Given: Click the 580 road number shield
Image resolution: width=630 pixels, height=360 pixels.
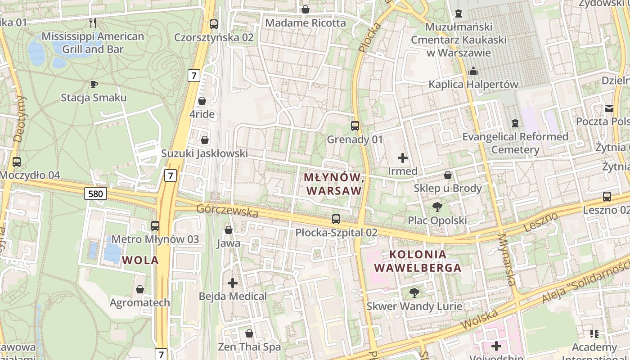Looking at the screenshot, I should point(95,194).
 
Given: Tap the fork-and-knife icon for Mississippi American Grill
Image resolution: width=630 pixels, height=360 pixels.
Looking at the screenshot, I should point(93,22).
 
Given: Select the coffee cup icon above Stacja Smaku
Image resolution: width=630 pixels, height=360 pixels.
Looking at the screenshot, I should point(94,84).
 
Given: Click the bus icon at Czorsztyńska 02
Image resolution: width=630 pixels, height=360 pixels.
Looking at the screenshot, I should point(214,24).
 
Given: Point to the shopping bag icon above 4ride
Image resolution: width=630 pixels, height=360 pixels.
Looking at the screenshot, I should point(202,101).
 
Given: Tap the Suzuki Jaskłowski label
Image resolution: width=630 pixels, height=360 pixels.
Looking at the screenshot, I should point(205,153).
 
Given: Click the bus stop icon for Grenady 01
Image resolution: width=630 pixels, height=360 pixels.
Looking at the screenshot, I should point(355,126).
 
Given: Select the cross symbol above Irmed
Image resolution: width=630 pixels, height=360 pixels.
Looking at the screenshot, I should point(403,158).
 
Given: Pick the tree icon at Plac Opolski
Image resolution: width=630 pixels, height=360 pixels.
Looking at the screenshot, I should point(437,207).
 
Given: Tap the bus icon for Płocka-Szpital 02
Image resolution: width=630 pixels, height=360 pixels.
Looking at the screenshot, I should point(336,219).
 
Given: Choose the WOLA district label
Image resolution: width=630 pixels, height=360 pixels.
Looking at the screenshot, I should point(140,260).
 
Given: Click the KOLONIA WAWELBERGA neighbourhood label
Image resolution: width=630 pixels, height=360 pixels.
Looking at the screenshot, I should point(418,261).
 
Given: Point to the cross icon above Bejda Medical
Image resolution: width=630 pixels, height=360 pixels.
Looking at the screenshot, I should point(233,283).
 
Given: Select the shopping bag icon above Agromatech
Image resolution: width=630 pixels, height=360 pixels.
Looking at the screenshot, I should point(140,289).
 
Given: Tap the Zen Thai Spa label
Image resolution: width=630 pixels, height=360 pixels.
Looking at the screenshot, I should point(249,346).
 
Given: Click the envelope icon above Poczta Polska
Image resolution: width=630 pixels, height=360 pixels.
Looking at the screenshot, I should point(609,108).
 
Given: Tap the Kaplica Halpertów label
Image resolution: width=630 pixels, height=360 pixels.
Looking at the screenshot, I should point(473,84).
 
